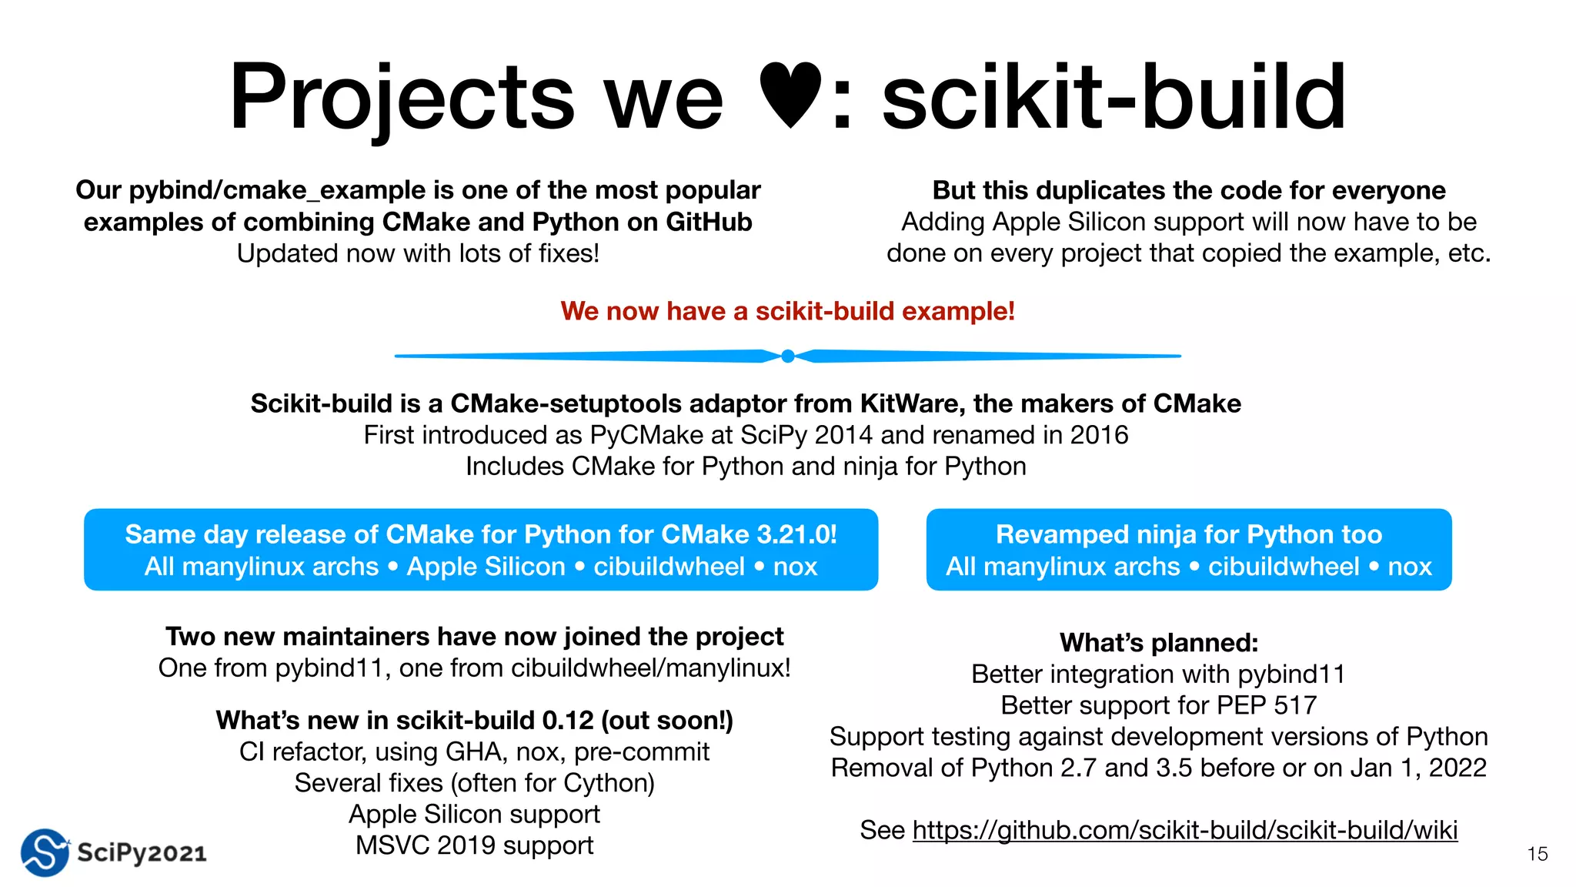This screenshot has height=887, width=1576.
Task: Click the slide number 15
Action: pos(1537,854)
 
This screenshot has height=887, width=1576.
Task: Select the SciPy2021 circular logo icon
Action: pos(45,852)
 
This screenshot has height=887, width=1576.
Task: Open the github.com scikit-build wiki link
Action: pos(1185,830)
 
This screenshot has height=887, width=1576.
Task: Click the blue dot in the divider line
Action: pos(787,356)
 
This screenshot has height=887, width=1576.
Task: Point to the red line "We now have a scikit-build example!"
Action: pos(787,311)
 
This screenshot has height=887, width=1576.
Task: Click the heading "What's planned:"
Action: pos(1159,642)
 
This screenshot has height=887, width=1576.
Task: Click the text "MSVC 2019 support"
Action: pos(474,845)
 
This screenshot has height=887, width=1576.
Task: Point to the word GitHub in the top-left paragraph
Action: pos(709,222)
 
